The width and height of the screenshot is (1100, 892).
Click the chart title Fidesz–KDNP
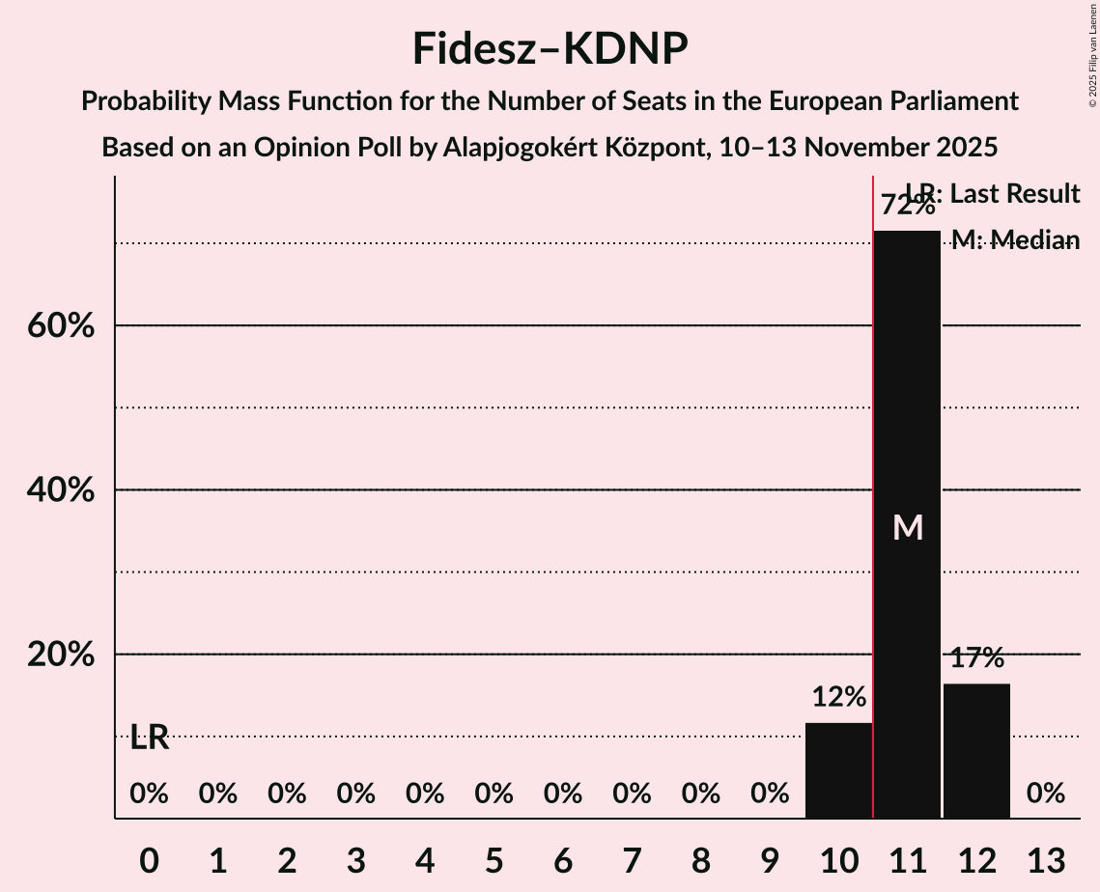[x=550, y=48]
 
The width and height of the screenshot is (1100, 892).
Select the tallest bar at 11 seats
[x=907, y=524]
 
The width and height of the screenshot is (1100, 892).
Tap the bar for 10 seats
[x=838, y=770]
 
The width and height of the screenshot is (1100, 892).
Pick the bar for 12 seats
[x=976, y=751]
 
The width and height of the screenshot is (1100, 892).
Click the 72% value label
[x=907, y=206]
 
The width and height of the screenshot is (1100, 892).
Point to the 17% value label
[x=976, y=658]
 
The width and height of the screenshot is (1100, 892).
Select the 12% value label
[x=838, y=697]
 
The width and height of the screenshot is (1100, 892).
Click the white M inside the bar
[x=908, y=527]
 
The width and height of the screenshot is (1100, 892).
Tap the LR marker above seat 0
[x=150, y=739]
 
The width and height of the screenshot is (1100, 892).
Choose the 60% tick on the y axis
[x=60, y=326]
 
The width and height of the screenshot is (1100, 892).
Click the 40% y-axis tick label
[x=60, y=490]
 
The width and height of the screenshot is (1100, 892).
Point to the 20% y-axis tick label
[x=60, y=655]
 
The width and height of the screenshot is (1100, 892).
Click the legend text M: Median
[x=1016, y=240]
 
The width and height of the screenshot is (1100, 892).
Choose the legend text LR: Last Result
[x=992, y=194]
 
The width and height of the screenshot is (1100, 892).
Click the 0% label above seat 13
[x=1046, y=794]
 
